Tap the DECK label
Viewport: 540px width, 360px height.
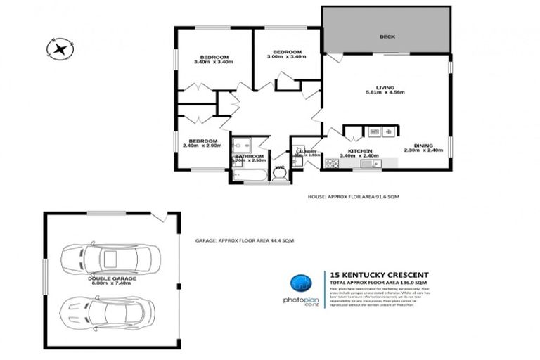pyautogui.click(x=386, y=37)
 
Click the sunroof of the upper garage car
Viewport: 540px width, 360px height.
pyautogui.click(x=110, y=259)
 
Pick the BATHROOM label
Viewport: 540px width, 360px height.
pyautogui.click(x=249, y=157)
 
